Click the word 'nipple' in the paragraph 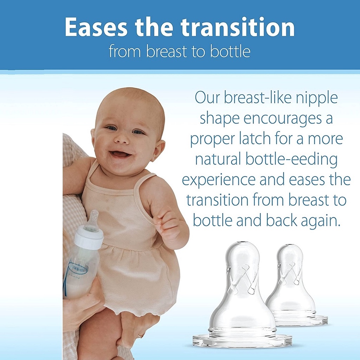click(316, 98)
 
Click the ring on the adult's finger click(139, 336)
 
